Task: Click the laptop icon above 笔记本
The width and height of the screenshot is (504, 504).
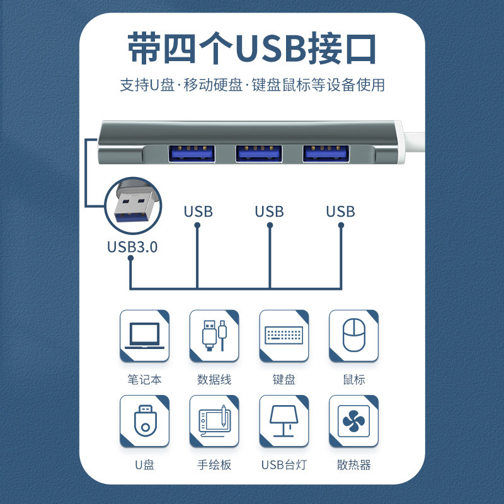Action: (144, 335)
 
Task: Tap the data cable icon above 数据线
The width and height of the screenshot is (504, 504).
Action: (214, 335)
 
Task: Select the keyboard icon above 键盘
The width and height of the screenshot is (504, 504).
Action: (284, 335)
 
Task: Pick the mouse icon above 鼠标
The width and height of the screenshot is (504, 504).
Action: (353, 335)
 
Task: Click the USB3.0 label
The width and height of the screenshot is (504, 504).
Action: (132, 246)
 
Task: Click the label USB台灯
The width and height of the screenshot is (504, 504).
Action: (284, 466)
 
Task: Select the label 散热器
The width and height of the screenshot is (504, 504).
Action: (353, 466)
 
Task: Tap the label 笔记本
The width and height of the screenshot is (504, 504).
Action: (144, 380)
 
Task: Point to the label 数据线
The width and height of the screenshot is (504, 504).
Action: (214, 380)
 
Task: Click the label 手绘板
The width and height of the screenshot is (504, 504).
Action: (214, 466)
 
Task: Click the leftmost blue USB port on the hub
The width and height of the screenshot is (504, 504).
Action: (191, 153)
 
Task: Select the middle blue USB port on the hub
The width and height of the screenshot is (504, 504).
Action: (259, 153)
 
